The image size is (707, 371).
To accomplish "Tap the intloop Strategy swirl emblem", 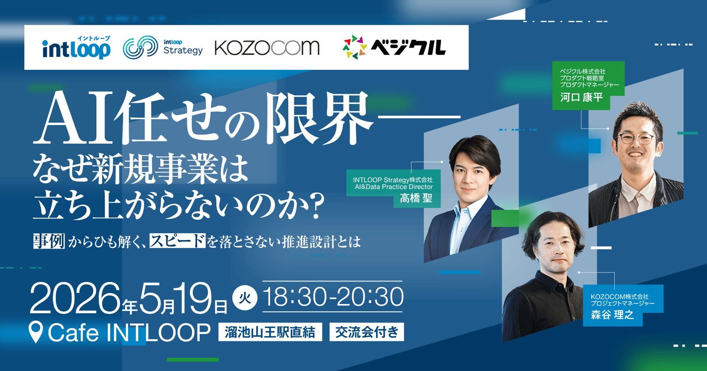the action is [140, 47].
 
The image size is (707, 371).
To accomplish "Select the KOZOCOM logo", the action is [267, 48].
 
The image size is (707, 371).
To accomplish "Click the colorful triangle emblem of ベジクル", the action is [355, 47].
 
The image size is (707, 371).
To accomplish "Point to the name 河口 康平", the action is [582, 97].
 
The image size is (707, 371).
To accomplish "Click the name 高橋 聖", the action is [416, 198].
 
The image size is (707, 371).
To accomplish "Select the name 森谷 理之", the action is [612, 314].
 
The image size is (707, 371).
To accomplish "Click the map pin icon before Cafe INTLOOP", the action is [36, 332].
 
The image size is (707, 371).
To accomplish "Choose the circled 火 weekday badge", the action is [245, 298].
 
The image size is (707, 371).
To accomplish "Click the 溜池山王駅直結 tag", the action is [270, 332].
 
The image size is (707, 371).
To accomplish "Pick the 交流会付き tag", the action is [367, 332].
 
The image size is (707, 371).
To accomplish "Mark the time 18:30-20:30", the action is [333, 297].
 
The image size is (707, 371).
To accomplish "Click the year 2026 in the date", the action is [75, 298].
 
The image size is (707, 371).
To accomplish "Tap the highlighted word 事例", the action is [49, 241].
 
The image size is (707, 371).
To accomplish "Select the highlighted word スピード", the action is [177, 241].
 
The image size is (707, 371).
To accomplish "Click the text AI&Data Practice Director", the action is [394, 187].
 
